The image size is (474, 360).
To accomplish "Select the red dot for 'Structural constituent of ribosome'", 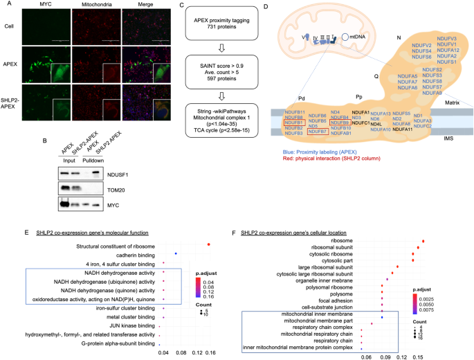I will point(209,244).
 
